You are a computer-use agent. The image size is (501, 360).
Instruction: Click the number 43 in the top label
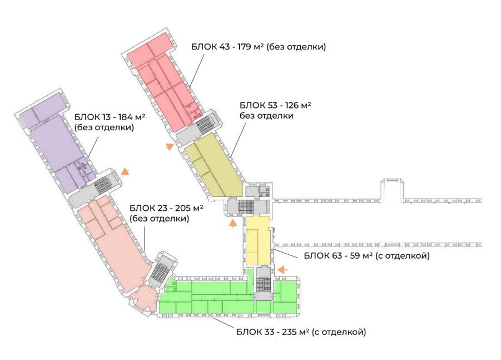tap(224, 47)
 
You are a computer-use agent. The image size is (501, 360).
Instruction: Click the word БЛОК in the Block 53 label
tap(252, 105)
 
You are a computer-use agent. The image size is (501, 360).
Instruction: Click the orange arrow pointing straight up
tap(233, 223)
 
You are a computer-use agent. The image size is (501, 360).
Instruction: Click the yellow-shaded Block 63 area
tap(258, 240)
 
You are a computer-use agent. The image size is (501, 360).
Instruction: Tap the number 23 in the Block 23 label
tap(162, 208)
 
